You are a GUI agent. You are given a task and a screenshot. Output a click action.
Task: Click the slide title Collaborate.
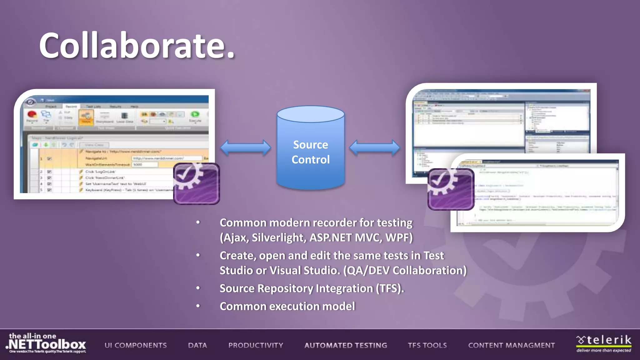tap(137, 46)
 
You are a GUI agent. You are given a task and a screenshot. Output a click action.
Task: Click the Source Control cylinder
tap(311, 150)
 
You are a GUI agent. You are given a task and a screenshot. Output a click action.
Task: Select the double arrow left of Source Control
tap(246, 148)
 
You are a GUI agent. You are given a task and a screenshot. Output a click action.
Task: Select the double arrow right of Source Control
tap(374, 148)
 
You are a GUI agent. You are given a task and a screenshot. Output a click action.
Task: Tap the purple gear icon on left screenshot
tap(197, 184)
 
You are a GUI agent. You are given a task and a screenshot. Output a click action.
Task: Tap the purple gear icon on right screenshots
tap(451, 189)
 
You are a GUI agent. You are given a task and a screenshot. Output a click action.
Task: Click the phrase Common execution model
tap(287, 306)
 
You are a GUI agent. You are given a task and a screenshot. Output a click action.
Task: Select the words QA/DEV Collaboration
tap(405, 270)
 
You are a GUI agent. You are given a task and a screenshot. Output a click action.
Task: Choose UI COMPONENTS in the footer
tap(136, 345)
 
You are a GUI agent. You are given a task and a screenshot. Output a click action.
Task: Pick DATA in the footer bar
tap(197, 345)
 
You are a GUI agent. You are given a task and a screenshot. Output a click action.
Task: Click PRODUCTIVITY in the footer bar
tap(256, 345)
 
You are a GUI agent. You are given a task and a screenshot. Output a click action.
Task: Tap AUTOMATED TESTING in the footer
tap(346, 345)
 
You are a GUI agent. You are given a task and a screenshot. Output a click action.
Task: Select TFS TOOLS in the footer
tap(427, 345)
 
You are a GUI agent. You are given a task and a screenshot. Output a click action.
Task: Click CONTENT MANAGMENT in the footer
tap(511, 345)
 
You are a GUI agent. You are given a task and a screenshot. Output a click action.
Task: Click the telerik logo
tap(603, 343)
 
